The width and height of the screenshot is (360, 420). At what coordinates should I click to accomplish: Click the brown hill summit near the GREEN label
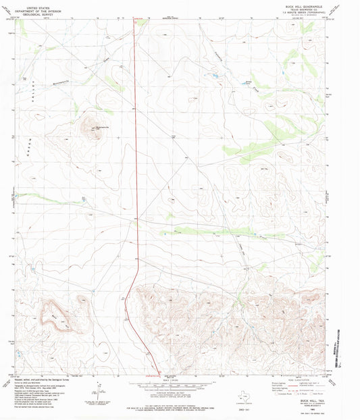click(x=91, y=126)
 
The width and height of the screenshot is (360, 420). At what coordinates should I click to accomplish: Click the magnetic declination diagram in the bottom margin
click(x=99, y=390)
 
